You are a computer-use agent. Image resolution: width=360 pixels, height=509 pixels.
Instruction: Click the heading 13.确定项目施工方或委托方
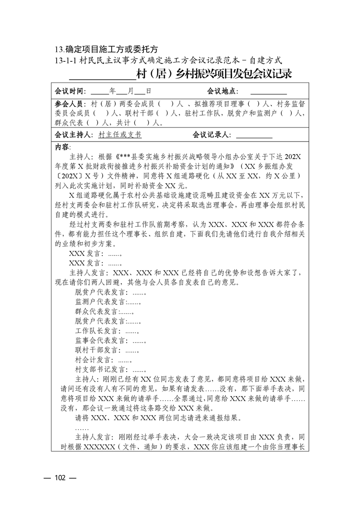tap(106, 49)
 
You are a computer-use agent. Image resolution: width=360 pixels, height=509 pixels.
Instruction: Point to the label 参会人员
tap(71, 104)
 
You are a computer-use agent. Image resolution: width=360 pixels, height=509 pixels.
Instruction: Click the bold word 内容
tap(62, 147)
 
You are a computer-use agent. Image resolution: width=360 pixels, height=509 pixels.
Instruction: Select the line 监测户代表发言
tap(108, 302)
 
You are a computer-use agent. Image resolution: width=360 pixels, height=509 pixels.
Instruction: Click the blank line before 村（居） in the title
tap(107, 74)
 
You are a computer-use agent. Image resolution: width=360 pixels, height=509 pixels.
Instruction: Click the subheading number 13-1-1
tap(66, 59)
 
